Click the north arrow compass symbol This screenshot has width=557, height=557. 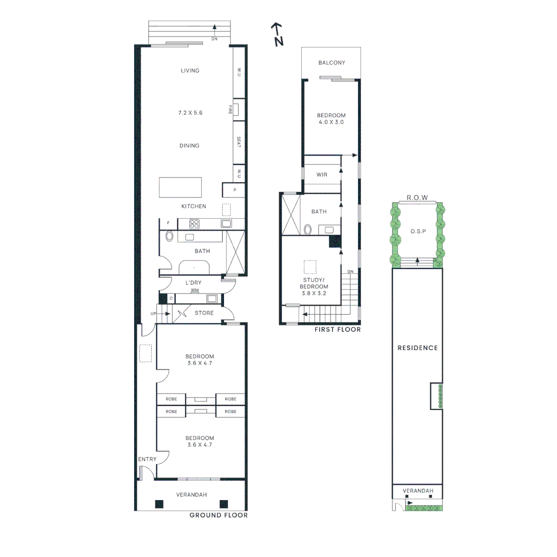278,35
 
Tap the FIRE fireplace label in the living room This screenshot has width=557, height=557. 231,109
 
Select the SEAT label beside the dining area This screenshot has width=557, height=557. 239,142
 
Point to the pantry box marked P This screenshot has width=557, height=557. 235,190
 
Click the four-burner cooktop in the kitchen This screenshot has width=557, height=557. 194,224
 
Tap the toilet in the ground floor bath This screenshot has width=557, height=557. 170,237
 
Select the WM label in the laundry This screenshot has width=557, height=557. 194,290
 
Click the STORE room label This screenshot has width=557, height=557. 204,313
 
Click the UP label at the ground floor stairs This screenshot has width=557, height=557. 153,314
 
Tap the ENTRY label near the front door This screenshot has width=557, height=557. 147,459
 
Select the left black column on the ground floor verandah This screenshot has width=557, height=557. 159,504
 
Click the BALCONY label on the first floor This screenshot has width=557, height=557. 332,63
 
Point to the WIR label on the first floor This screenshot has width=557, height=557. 322,175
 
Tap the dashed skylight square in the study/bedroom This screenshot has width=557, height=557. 309,267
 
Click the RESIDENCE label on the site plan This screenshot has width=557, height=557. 417,348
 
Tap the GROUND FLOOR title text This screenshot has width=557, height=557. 218,515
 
